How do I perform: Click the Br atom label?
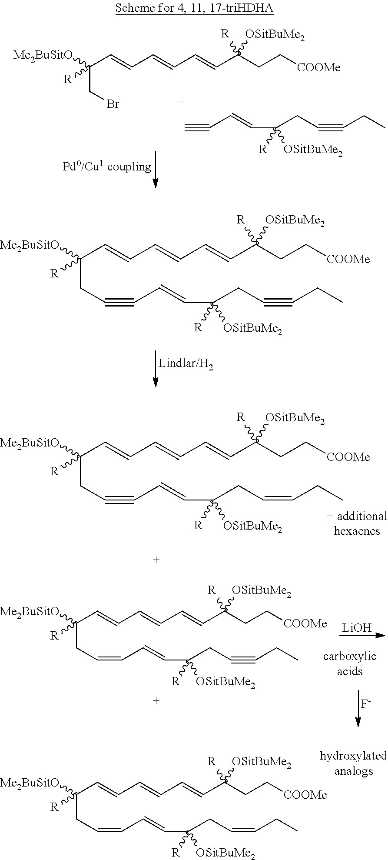(x=113, y=104)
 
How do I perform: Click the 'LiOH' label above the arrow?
(x=357, y=627)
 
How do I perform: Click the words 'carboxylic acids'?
(x=350, y=663)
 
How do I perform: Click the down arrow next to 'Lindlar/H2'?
(x=156, y=368)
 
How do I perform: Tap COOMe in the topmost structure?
(x=319, y=67)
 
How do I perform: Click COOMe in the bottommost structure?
(x=305, y=795)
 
